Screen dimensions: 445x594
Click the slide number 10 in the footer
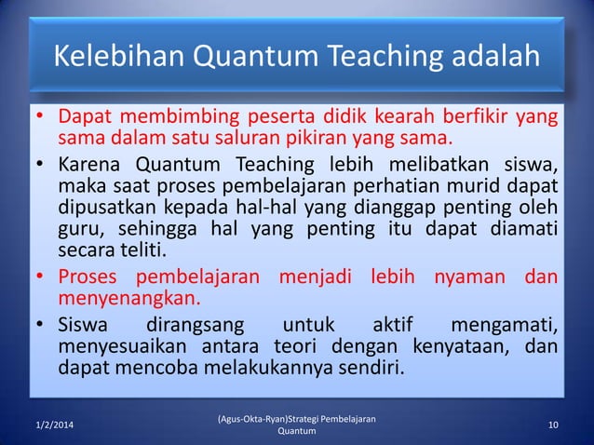[554, 425]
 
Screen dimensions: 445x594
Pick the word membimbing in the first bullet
[166, 119]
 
